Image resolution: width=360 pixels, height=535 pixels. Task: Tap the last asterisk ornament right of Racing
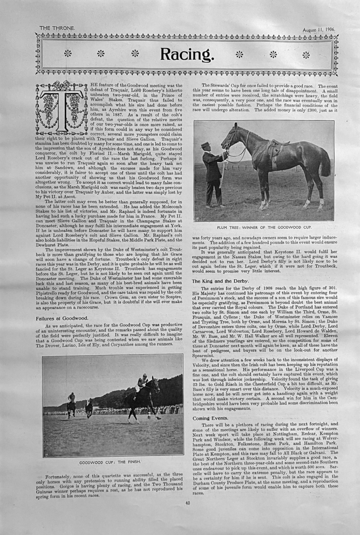[306, 55]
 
